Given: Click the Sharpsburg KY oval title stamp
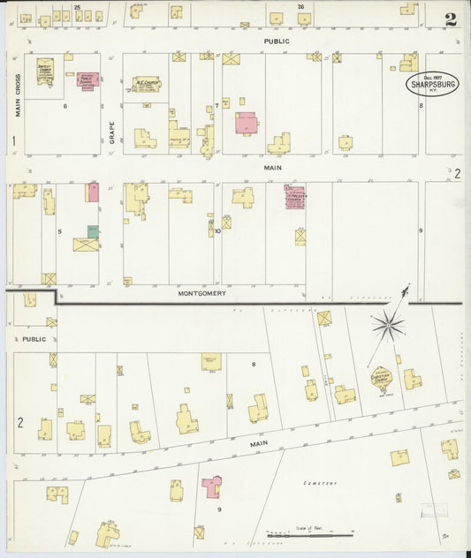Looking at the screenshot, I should pos(432,84).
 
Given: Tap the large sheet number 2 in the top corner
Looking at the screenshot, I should pos(451,19).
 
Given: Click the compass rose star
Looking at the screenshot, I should pos(386,327).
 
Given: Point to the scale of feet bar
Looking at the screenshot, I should pos(309,534).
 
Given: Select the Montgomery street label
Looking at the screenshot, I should pos(202,293).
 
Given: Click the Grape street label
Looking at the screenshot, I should pos(112,131).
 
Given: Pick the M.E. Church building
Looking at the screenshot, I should pos(146,84).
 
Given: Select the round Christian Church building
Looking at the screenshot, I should pos(381,378).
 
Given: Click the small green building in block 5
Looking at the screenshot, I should pos(92,231).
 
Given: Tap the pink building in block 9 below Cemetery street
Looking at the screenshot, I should pos(211,486).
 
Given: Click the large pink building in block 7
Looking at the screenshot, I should pos(246,122).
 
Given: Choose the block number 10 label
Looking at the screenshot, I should pos(217,231).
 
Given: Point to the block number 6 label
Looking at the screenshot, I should pos(65,105).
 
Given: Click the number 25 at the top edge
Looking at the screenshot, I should pos(77,7).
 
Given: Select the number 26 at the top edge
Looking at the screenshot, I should pos(301,7).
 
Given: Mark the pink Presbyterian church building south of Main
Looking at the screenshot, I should pos(293,197).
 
